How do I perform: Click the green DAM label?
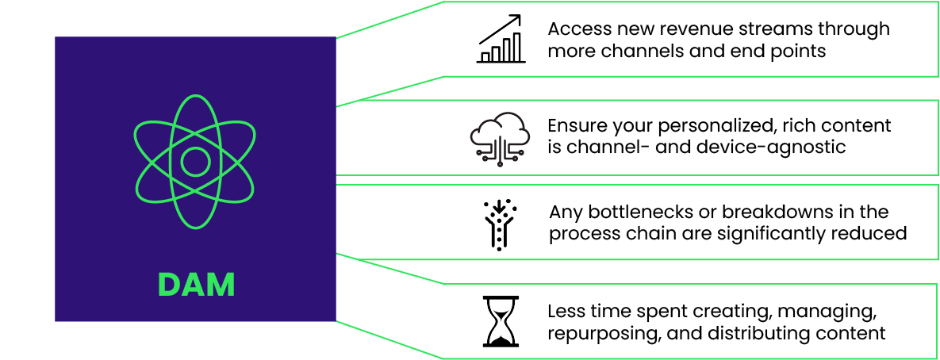196,285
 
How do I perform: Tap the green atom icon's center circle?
195,162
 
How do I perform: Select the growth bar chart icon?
500,40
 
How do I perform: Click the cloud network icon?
500,136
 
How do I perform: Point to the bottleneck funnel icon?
500,224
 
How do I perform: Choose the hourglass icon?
500,321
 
